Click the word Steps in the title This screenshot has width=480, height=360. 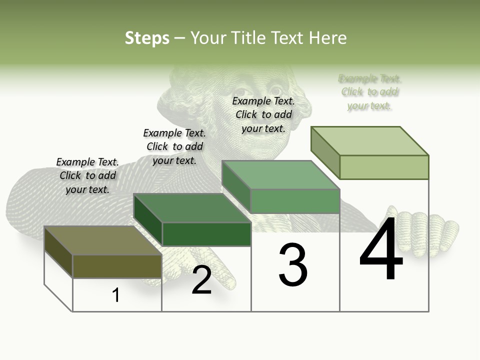147,38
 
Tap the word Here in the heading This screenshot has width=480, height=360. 327,38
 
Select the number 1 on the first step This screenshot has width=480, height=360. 116,295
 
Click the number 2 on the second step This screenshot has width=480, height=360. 201,280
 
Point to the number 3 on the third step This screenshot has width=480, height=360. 293,265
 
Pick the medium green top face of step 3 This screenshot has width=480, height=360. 280,175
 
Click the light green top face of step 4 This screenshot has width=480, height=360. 369,141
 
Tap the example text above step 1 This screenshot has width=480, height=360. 87,175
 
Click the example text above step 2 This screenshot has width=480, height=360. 174,146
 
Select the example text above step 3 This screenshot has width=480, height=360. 263,114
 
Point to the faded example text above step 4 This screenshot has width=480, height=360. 370,92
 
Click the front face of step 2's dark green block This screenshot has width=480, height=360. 206,234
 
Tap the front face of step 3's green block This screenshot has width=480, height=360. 295,201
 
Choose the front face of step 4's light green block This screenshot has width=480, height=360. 384,167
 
